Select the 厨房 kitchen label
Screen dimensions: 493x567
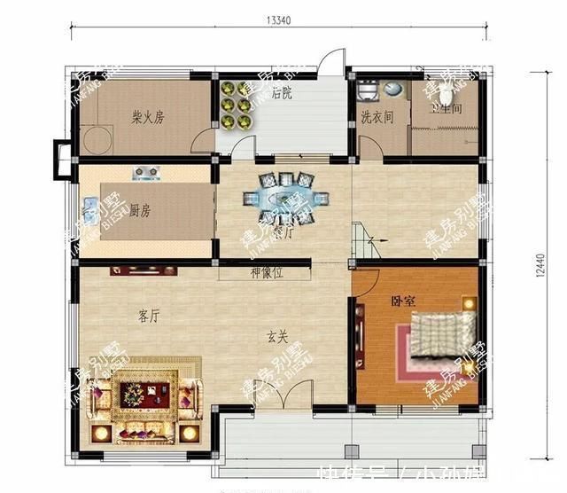click(140, 210)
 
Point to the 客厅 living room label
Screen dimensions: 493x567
click(149, 316)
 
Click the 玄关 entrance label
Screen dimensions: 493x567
click(278, 336)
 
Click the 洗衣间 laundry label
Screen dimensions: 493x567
click(377, 115)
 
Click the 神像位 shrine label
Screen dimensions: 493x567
click(265, 273)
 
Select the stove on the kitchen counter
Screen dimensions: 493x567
click(144, 170)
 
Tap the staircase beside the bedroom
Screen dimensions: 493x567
click(362, 240)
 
